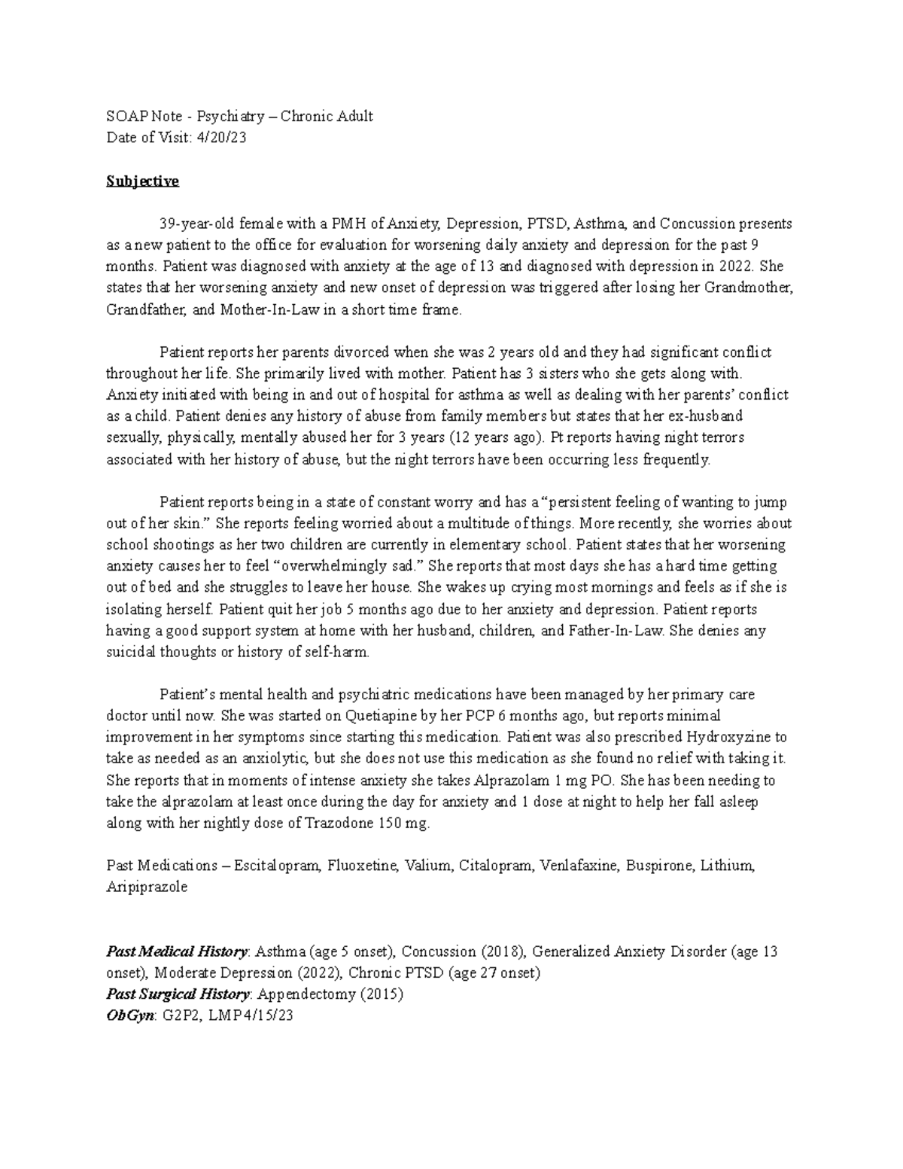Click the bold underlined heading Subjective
[x=142, y=181]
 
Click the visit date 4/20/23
[x=221, y=138]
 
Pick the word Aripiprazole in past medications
[x=147, y=887]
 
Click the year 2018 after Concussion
[x=501, y=951]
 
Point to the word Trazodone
[x=336, y=823]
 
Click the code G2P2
[x=178, y=1015]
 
